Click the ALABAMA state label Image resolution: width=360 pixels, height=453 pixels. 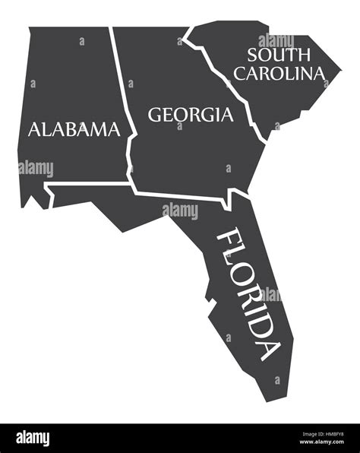pos(74,129)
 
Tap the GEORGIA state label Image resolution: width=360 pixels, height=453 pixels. pos(190,115)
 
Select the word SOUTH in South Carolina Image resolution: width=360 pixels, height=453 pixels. pos(277,55)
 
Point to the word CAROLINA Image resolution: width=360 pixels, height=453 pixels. pos(278,73)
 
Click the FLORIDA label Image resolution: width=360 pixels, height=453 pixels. pos(246,293)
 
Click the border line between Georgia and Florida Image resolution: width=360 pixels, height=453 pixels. pos(182,195)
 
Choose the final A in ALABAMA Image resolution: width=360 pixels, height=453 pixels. pos(113,129)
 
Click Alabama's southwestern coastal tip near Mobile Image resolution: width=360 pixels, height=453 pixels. pos(27,204)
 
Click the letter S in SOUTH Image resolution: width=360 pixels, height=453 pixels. pos(253,55)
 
